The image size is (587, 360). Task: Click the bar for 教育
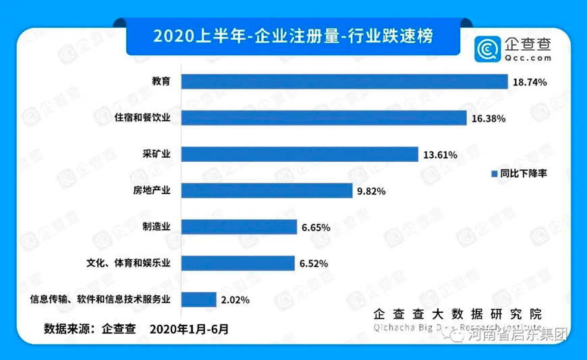pyautogui.click(x=345, y=82)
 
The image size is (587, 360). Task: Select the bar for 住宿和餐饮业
pyautogui.click(x=325, y=118)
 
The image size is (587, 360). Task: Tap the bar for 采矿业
pyautogui.click(x=300, y=154)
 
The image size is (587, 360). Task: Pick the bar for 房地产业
pyautogui.click(x=267, y=191)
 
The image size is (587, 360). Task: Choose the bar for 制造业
pyautogui.click(x=240, y=227)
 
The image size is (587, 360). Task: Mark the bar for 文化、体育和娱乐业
pyautogui.click(x=238, y=263)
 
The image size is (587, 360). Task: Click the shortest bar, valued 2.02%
pyautogui.click(x=199, y=299)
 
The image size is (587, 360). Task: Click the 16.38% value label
pyautogui.click(x=488, y=118)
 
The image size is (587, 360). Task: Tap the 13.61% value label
pyautogui.click(x=440, y=154)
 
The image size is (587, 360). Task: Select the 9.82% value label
pyautogui.click(x=371, y=191)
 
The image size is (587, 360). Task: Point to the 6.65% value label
pyautogui.click(x=316, y=228)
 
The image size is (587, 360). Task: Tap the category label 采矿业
pyautogui.click(x=158, y=154)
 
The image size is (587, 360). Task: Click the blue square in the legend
pyautogui.click(x=493, y=174)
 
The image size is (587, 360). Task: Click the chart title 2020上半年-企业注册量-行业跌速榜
pyautogui.click(x=293, y=35)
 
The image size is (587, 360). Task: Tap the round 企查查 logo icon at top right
pyautogui.click(x=486, y=48)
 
